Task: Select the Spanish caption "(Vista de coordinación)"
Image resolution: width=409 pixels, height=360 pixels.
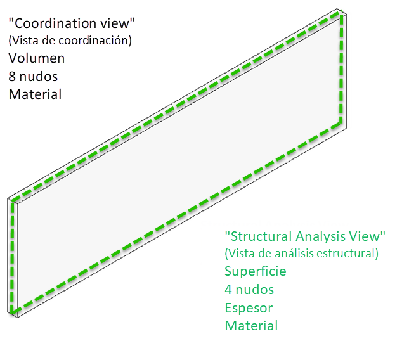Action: point(70,41)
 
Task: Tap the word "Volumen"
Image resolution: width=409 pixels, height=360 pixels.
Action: point(37,58)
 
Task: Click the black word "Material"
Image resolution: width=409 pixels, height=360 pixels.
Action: point(35,94)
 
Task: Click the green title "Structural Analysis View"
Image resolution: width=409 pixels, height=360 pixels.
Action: point(305,236)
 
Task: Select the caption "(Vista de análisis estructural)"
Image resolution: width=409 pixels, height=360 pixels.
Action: point(301,254)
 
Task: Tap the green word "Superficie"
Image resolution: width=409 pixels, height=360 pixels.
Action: point(255,271)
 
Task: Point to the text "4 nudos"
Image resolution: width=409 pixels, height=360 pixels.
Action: point(249,290)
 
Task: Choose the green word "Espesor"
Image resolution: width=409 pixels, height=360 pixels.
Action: point(249,308)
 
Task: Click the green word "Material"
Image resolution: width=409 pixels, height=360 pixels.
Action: point(251,326)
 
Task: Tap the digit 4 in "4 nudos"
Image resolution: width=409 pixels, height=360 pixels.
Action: point(229,290)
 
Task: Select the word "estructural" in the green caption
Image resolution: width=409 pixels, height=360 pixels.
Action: point(351,254)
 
